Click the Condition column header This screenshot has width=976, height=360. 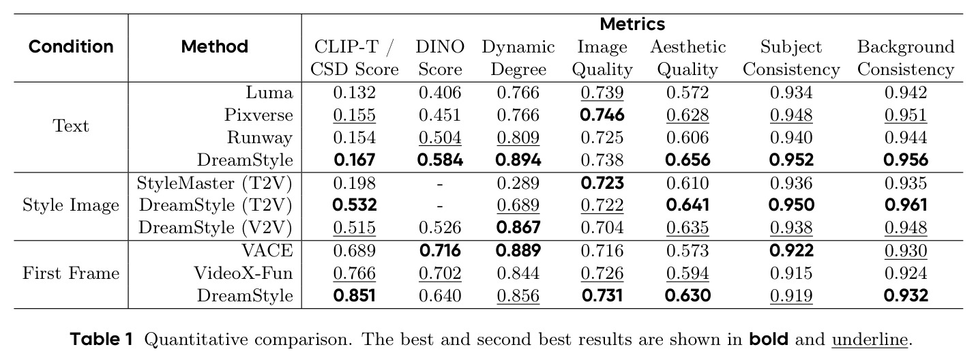pyautogui.click(x=71, y=46)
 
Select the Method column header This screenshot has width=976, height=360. pyautogui.click(x=214, y=46)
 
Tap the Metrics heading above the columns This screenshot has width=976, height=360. pyautogui.click(x=632, y=24)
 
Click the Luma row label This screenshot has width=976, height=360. pyautogui.click(x=269, y=93)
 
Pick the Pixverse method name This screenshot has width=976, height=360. pyautogui.click(x=258, y=115)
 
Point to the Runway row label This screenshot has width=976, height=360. pyautogui.click(x=260, y=138)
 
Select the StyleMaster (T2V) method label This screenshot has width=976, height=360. pyautogui.click(x=214, y=183)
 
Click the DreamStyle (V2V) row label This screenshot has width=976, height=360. pyautogui.click(x=216, y=228)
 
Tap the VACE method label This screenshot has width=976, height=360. pyautogui.click(x=267, y=251)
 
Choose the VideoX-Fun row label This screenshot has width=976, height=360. pyautogui.click(x=243, y=273)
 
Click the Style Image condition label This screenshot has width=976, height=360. pyautogui.click(x=70, y=205)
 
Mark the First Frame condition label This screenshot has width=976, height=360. pyautogui.click(x=70, y=273)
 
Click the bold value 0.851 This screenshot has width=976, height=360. pyautogui.click(x=354, y=295)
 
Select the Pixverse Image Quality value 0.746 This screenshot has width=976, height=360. pyautogui.click(x=602, y=115)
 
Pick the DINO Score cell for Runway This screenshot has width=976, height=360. pyautogui.click(x=440, y=138)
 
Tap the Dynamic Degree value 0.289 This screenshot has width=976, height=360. pyautogui.click(x=518, y=183)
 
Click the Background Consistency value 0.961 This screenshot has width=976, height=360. pyautogui.click(x=906, y=205)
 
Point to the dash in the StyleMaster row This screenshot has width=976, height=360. pyautogui.click(x=440, y=184)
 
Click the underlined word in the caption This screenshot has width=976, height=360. pyautogui.click(x=870, y=340)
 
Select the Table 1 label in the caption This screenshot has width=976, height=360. pyautogui.click(x=101, y=340)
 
